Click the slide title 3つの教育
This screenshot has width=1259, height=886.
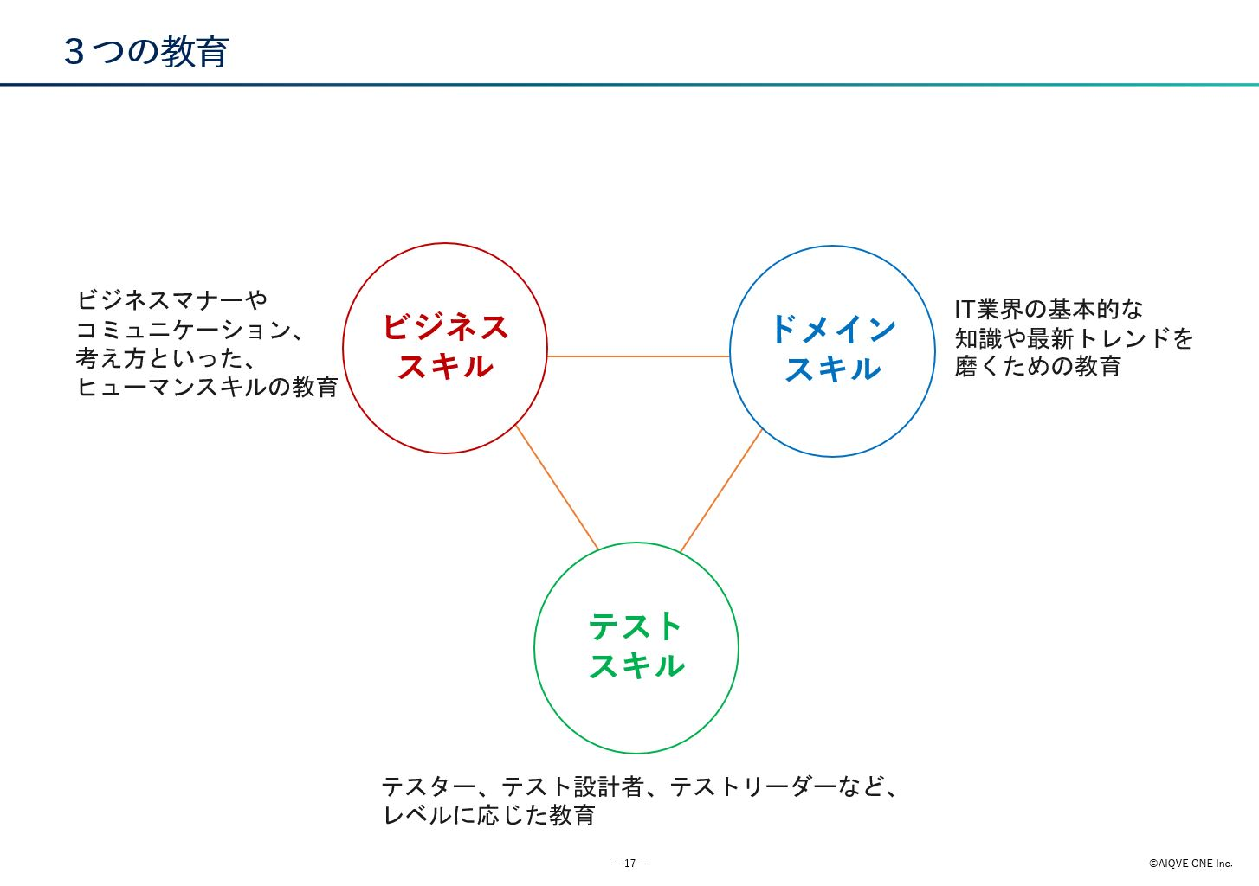146,52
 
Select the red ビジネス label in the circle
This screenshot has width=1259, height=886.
445,327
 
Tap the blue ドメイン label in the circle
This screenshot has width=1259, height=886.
833,329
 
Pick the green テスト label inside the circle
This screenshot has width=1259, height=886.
636,626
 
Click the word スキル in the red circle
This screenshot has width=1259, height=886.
445,367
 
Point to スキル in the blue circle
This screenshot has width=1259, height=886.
833,369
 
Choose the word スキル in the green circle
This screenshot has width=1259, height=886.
636,666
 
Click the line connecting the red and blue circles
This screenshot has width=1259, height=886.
638,356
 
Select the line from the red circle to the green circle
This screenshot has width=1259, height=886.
557,487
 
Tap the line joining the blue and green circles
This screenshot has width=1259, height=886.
721,491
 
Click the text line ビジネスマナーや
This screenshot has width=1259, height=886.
171,300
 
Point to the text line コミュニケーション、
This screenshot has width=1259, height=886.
190,330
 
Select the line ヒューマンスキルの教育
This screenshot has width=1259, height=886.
207,387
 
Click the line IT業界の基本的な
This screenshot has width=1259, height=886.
1049,309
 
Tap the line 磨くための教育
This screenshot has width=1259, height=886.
1037,366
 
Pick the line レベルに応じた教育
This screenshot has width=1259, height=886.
488,815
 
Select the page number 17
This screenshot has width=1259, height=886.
630,863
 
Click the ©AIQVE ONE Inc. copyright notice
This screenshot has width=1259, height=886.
1191,863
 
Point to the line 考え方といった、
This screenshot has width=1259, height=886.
165,358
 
